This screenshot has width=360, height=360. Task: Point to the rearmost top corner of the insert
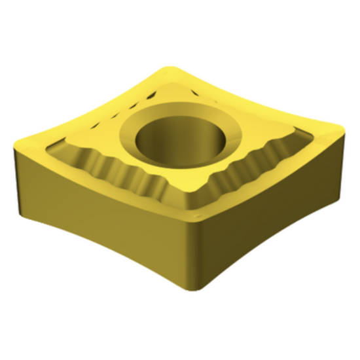tap(175, 67)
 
